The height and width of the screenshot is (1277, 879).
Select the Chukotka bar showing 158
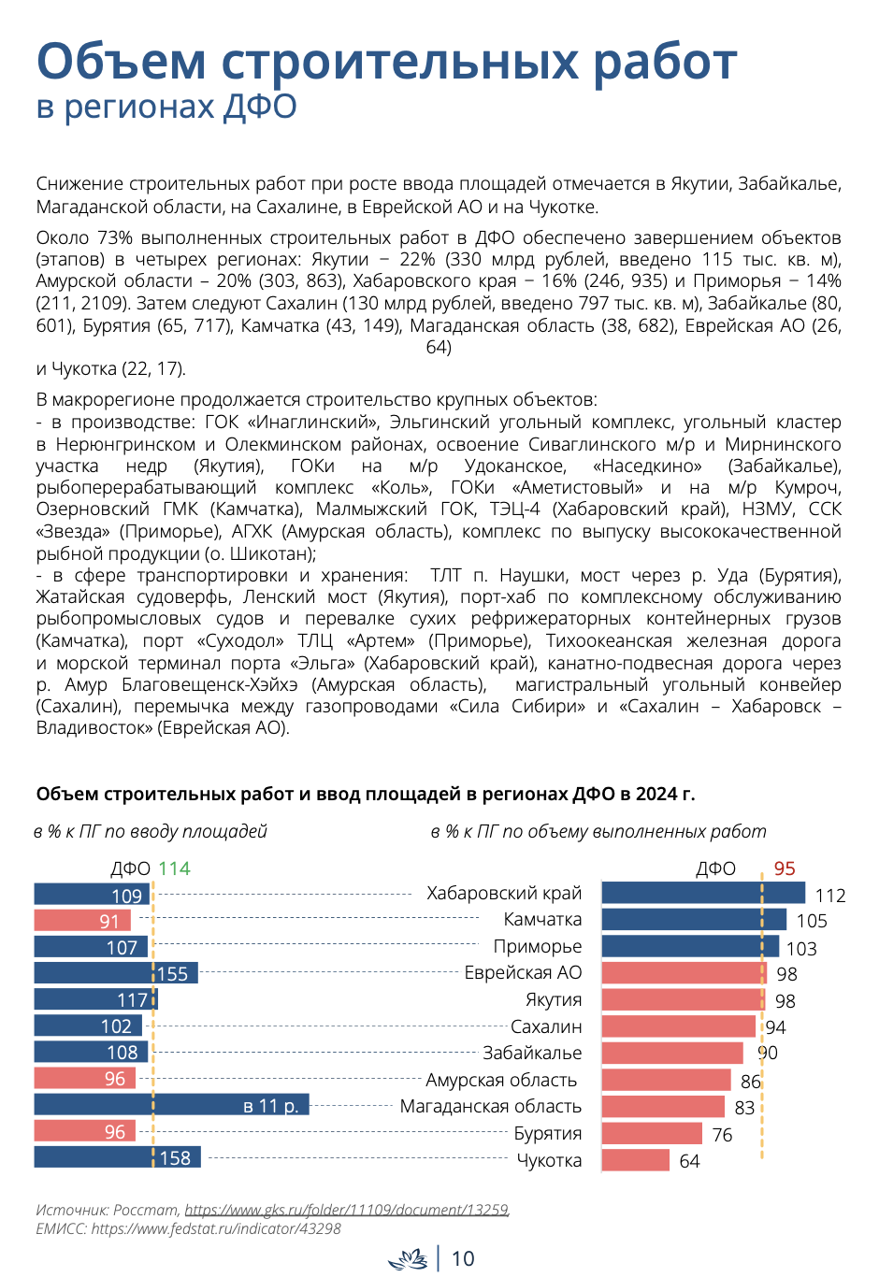click(117, 1156)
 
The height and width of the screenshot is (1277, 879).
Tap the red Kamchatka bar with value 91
click(82, 920)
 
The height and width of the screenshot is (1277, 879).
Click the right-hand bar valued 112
click(703, 893)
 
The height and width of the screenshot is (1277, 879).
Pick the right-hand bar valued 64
click(635, 1160)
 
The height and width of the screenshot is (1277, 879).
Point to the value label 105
click(811, 921)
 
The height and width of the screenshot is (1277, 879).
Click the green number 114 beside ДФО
click(174, 868)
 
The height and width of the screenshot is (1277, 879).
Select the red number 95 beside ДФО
click(784, 868)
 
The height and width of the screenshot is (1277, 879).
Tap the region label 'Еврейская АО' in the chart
click(523, 972)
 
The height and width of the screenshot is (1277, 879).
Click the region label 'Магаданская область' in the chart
click(490, 1106)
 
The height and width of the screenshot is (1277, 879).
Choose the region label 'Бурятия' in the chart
click(547, 1133)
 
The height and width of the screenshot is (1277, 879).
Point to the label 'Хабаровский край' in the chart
click(504, 894)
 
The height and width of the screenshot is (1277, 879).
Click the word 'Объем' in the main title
click(121, 61)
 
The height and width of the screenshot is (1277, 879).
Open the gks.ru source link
click(347, 1209)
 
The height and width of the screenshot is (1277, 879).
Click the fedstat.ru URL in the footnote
click(216, 1228)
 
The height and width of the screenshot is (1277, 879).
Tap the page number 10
click(463, 1258)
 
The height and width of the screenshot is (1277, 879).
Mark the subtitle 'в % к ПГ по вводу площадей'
click(151, 831)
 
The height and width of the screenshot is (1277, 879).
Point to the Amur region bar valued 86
click(666, 1080)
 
